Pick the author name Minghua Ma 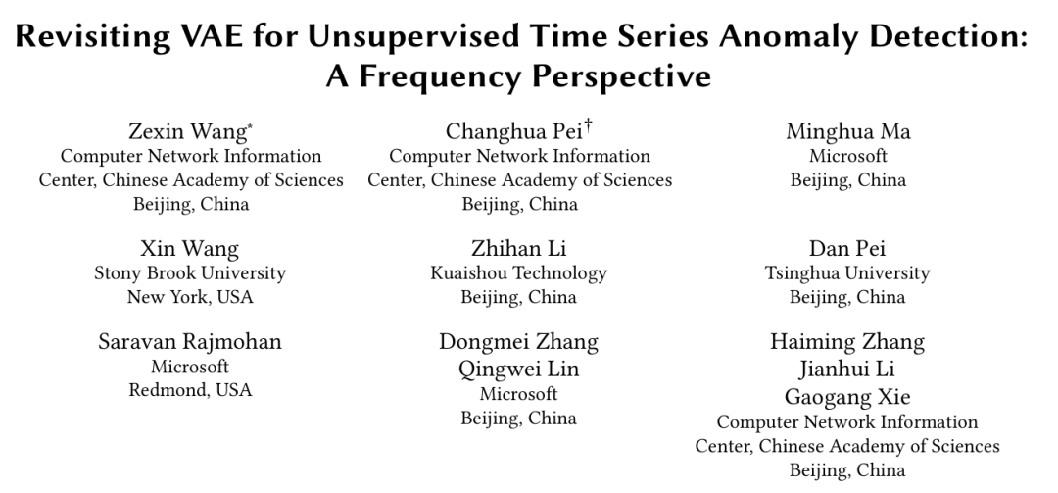[848, 132]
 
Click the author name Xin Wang [190, 249]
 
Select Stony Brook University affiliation [190, 273]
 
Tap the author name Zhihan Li [519, 249]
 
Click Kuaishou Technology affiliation [519, 273]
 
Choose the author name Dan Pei [848, 249]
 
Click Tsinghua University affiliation [848, 273]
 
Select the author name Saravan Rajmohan [190, 342]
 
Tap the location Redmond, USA [190, 390]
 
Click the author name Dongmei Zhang [519, 342]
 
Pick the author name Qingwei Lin [519, 370]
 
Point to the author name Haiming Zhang [848, 342]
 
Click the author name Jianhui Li [848, 370]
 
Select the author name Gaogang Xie [848, 397]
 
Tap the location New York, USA [190, 297]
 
